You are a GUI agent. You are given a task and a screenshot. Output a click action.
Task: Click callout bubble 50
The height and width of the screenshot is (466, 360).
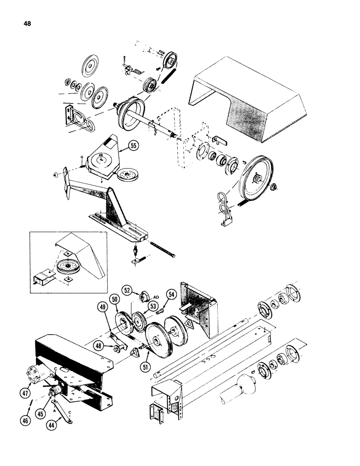click(115, 298)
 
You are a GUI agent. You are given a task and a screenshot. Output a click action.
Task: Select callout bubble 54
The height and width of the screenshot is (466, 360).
click(171, 294)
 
